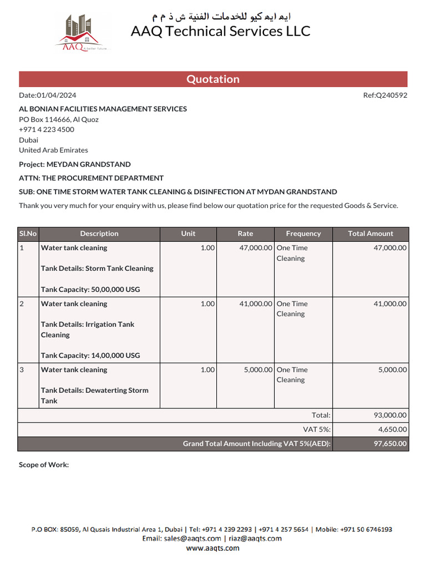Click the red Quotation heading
point(213,79)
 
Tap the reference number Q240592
point(392,95)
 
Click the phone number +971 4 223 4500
point(47,129)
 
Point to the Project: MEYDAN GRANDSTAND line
point(75,164)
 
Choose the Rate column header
point(245,234)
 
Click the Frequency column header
point(303,234)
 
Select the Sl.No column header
point(28,234)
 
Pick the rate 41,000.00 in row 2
point(256,304)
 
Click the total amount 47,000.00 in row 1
point(390,248)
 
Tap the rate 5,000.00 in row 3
point(258,370)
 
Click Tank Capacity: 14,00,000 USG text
point(90,356)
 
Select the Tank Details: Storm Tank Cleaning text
point(97,268)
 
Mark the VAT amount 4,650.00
point(392,429)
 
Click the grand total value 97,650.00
point(390,444)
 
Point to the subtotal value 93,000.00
point(390,415)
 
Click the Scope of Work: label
point(44,465)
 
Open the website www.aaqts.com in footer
point(213,548)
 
